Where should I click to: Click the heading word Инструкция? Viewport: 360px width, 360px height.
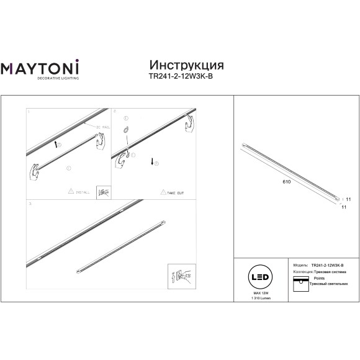187,66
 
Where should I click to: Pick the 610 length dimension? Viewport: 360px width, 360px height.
287,184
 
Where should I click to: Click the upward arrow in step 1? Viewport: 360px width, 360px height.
56,144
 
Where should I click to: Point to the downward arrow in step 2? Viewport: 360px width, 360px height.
151,163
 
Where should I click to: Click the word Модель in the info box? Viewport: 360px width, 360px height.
299,264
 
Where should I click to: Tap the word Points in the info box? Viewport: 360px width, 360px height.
320,278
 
